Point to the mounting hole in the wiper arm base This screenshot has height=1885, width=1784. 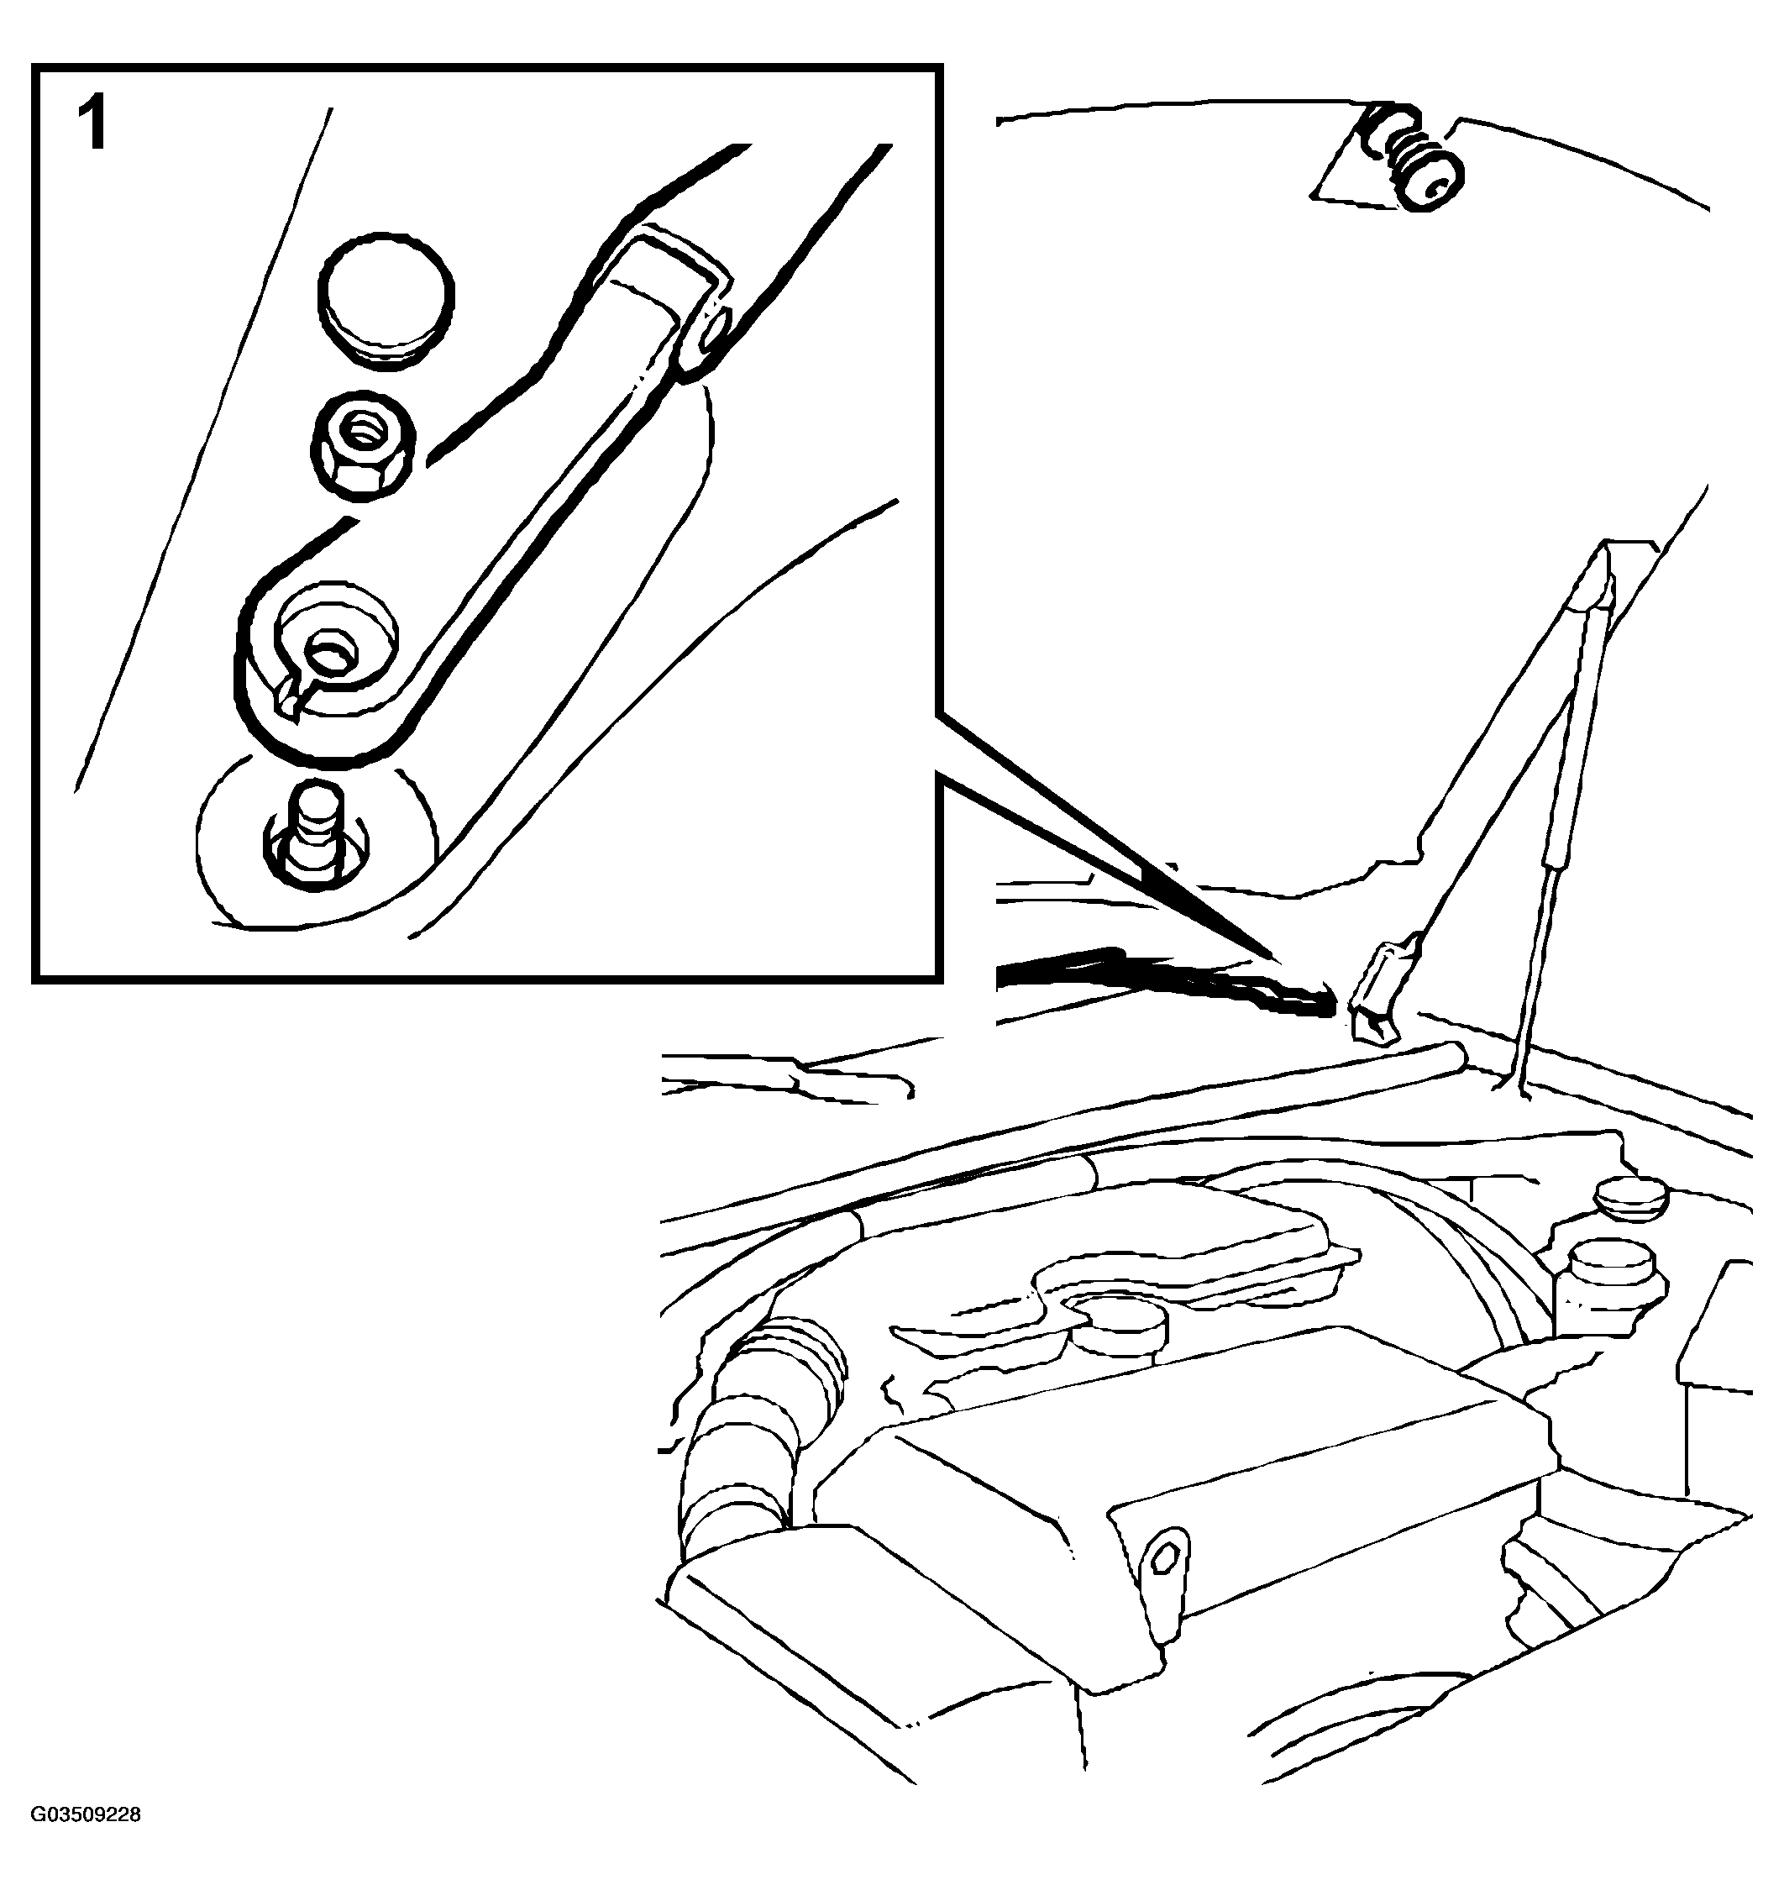(x=329, y=652)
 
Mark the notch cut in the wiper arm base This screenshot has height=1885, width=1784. (x=290, y=702)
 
